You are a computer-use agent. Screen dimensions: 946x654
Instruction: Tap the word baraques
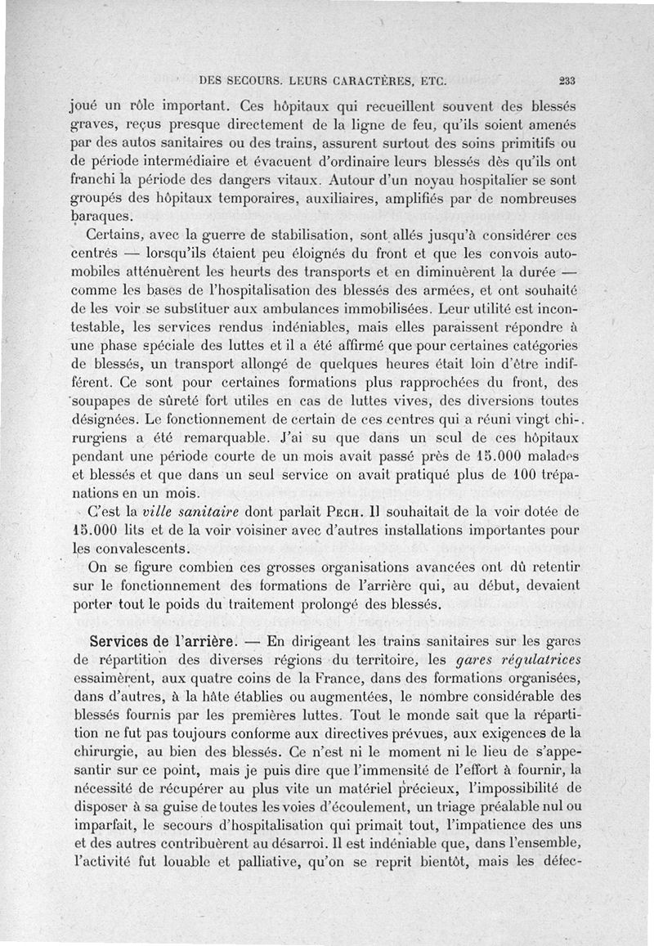pyautogui.click(x=100, y=217)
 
